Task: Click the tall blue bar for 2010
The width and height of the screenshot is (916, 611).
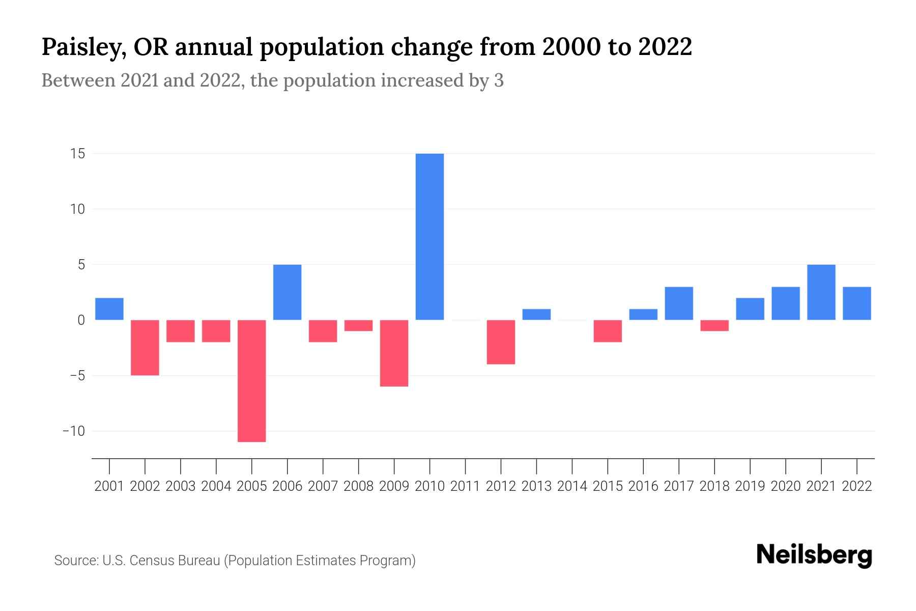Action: click(430, 237)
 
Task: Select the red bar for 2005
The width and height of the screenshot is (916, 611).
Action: click(252, 381)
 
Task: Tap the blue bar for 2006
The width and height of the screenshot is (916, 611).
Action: click(288, 292)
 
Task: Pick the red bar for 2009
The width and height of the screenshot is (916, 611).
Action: click(394, 353)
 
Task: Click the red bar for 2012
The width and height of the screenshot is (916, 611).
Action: click(501, 342)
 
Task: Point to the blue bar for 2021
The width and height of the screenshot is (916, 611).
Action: click(821, 292)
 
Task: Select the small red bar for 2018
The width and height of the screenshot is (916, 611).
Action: click(714, 326)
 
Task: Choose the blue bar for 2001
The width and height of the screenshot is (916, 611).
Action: click(109, 309)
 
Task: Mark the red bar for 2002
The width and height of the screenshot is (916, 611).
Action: click(145, 348)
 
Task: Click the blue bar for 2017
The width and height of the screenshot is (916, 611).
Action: click(679, 303)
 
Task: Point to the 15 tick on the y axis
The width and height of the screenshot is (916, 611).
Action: click(77, 154)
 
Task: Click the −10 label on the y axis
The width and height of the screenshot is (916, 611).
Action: click(74, 431)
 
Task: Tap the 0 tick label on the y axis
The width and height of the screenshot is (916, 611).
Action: click(81, 320)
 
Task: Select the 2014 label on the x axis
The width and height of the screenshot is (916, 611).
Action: click(572, 486)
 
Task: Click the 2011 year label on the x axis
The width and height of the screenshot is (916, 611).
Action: click(465, 486)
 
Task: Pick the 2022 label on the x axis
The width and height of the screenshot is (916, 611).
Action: click(857, 486)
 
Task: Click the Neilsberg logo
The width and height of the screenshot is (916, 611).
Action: click(814, 555)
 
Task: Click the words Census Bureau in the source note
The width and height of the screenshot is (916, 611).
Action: click(176, 561)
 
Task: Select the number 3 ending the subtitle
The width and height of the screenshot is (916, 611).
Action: click(499, 80)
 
